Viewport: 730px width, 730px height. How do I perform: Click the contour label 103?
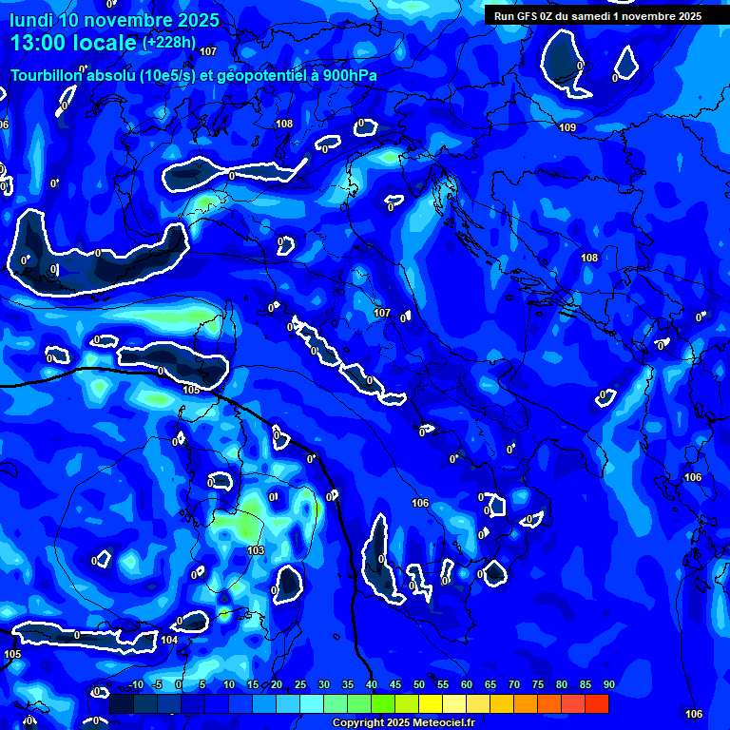256,550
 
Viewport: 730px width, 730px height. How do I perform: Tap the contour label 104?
169,640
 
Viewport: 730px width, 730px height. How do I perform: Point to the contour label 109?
567,127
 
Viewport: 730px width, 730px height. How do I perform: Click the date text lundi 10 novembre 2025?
115,20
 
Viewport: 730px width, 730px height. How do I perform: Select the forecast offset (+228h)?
168,42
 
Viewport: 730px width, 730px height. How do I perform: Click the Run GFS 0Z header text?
531,15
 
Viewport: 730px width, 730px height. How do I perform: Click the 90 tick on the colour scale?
608,685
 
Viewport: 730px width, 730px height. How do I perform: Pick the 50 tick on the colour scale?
419,685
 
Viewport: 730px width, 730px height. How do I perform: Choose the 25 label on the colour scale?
300,685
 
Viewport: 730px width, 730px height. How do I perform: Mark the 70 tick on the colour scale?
514,685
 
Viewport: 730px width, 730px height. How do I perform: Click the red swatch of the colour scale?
597,703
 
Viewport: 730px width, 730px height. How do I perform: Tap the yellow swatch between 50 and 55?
431,703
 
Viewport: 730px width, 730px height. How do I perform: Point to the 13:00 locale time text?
73,44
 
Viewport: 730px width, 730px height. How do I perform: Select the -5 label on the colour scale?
157,685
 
